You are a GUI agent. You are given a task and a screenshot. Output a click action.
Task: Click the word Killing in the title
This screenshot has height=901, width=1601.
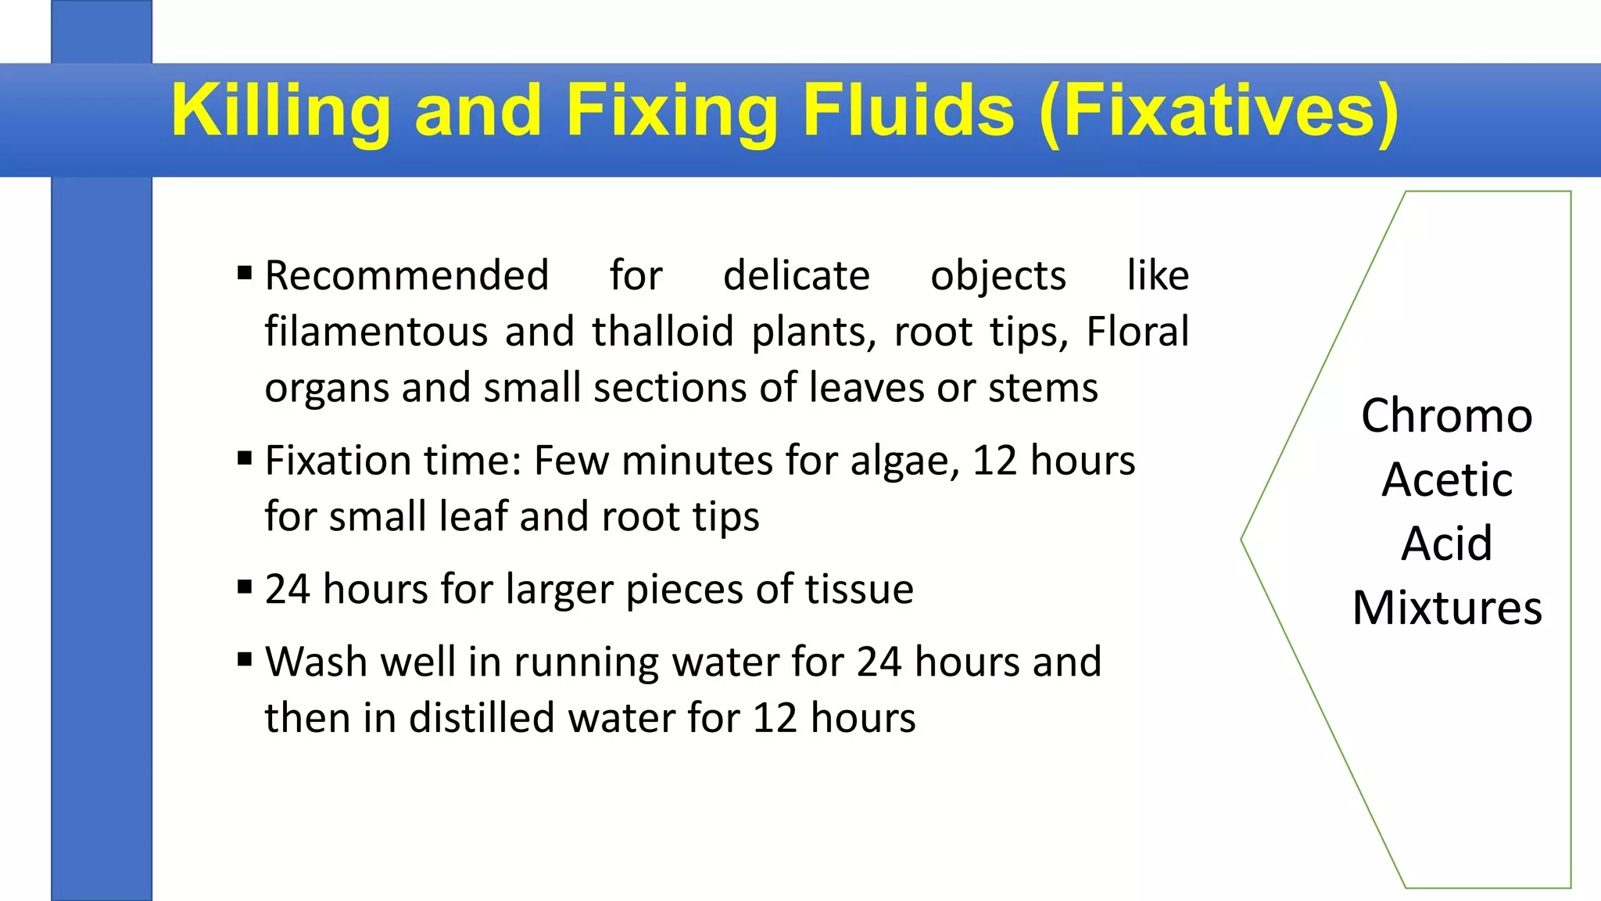pos(281,111)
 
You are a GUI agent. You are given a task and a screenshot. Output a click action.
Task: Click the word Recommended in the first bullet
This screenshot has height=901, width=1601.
pos(407,275)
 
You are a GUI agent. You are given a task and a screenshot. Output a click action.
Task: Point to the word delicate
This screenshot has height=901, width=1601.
pos(796,275)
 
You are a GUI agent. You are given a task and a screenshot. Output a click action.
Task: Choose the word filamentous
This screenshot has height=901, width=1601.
pos(376,332)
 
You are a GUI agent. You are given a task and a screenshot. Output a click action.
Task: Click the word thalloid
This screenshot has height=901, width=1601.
pos(662,332)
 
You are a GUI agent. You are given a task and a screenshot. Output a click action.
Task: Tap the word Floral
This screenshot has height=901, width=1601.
pos(1137,332)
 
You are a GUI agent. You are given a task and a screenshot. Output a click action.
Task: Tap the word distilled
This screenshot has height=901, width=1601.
pos(482,718)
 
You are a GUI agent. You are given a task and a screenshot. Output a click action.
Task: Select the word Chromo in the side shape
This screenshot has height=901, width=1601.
pos(1446,415)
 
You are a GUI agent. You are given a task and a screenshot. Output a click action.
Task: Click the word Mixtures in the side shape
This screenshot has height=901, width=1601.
pos(1447,608)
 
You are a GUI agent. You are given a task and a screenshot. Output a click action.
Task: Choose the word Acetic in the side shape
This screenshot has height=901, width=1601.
pos(1447,479)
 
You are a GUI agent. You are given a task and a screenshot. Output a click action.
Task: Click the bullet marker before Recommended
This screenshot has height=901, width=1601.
pos(245,274)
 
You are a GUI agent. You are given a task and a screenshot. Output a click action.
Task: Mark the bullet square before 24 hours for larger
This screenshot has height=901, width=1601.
pos(245,587)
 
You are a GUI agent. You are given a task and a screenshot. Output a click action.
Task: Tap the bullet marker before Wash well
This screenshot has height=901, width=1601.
pos(245,660)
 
